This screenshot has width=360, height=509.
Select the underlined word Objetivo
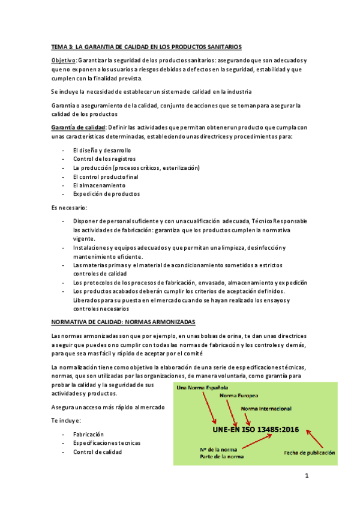[x=64, y=61]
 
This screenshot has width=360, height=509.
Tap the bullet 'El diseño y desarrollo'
[x=101, y=150]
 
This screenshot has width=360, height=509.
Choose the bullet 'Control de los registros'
[x=104, y=158]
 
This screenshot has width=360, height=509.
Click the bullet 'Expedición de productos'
[x=106, y=194]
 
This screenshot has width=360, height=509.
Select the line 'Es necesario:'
[x=69, y=208]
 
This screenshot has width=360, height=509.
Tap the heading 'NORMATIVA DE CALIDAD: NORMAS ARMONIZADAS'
[x=128, y=322]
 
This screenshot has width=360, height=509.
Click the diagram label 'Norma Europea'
[x=239, y=397]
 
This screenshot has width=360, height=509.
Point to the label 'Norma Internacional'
[x=266, y=409]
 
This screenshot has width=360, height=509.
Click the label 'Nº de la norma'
[x=218, y=449]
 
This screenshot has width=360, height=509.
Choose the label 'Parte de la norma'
[x=223, y=457]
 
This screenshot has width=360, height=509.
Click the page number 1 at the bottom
[x=307, y=477]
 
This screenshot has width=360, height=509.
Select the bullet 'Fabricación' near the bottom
[x=88, y=433]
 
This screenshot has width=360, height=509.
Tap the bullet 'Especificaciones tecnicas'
[x=107, y=442]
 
